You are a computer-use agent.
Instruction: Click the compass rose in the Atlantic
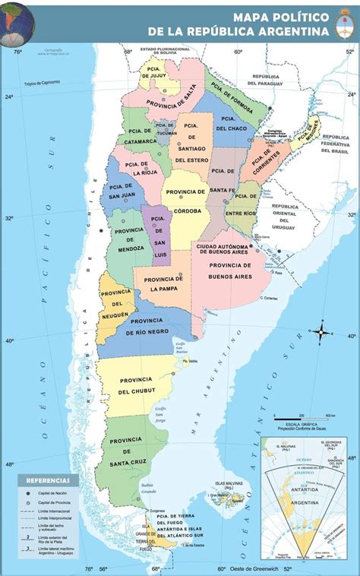[321, 331]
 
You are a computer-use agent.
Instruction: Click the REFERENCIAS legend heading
[48, 480]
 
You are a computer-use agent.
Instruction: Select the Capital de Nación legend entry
[53, 494]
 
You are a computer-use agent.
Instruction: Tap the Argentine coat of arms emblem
[346, 28]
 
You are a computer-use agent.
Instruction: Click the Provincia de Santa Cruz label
[128, 451]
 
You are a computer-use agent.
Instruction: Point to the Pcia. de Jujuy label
[150, 71]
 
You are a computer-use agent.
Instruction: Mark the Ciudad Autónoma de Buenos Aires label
[222, 251]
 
